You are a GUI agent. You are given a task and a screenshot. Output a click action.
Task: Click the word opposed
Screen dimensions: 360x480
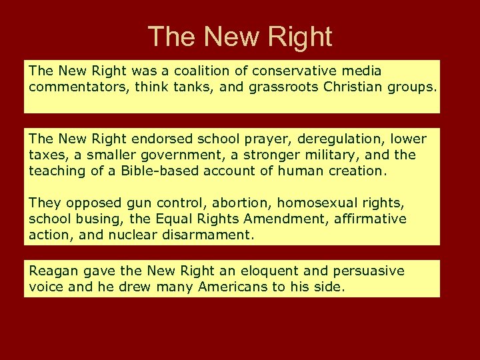click(x=90, y=203)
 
